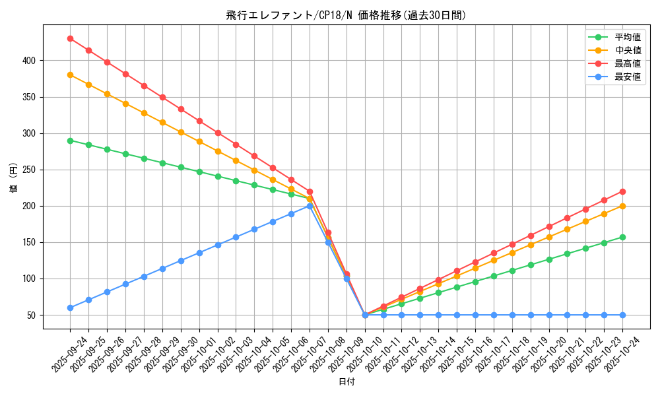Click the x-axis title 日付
[346, 382]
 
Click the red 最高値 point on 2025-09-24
[70, 38]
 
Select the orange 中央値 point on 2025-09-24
[70, 75]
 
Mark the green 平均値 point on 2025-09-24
[70, 141]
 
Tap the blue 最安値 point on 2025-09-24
[70, 308]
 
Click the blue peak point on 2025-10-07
[310, 206]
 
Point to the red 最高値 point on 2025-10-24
[622, 191]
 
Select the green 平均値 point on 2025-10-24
[622, 237]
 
